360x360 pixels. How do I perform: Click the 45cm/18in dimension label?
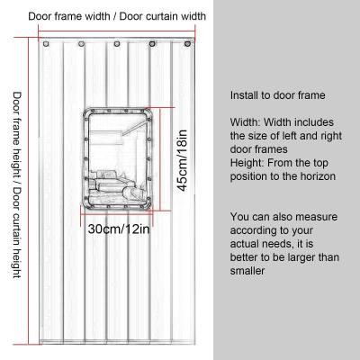pos(183,161)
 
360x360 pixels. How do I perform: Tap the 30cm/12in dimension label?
pos(119,229)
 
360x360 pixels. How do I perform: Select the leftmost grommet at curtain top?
pos(46,44)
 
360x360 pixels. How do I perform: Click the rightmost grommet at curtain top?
pos(188,43)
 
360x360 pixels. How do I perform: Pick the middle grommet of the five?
pos(117,44)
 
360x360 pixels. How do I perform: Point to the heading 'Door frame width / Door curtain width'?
pos(117,16)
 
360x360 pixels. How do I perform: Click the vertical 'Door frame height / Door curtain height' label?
pos(17,184)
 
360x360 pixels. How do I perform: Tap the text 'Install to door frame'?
pos(278,95)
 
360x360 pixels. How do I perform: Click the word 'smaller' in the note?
pos(247,271)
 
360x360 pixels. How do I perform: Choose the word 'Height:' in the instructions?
pos(247,163)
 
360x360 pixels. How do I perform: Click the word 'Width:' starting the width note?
pos(246,122)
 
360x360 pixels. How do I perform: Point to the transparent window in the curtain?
pos(119,158)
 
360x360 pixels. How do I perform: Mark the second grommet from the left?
pos(81,44)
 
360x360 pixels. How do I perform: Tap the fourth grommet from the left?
pos(152,44)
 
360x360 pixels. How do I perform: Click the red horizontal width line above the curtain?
pos(117,31)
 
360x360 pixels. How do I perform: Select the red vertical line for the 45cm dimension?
pos(161,159)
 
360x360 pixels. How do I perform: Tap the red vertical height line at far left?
pos(29,191)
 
